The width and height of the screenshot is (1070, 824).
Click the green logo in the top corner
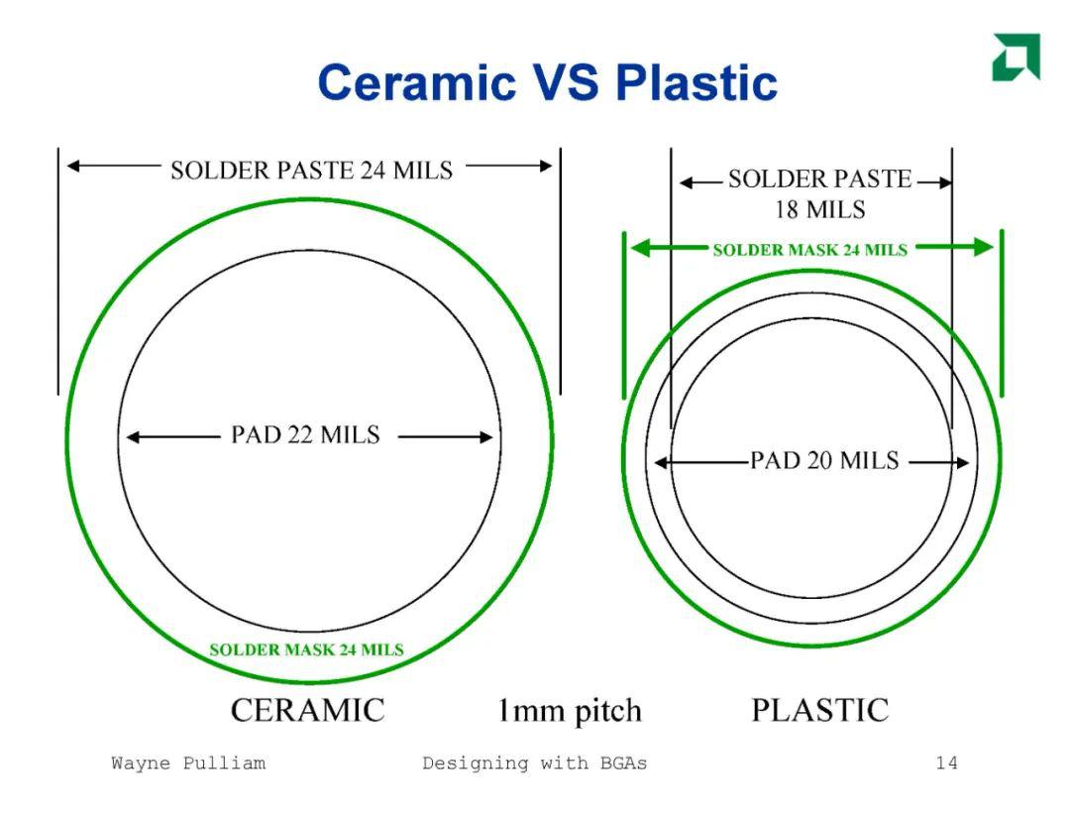(x=1016, y=57)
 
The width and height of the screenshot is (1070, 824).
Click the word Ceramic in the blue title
(x=417, y=82)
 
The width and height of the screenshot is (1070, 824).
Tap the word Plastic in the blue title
(x=696, y=82)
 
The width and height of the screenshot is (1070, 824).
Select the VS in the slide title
(x=566, y=82)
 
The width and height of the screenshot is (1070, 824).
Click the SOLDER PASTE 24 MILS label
(x=312, y=171)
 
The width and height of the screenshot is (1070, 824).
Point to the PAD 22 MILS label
(x=305, y=434)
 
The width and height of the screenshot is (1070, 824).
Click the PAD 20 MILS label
(x=824, y=460)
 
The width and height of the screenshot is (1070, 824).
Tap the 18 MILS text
(x=819, y=209)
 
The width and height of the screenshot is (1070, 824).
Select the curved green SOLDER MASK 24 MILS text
(x=306, y=649)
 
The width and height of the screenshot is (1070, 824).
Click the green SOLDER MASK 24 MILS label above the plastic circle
(x=810, y=250)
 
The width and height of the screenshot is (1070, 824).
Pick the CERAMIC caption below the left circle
(x=308, y=710)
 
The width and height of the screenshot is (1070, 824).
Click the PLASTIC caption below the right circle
(x=820, y=710)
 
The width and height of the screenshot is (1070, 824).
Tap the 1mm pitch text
(x=570, y=711)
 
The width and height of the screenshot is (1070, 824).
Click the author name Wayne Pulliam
(x=188, y=764)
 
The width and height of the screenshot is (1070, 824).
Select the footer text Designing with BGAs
(x=534, y=764)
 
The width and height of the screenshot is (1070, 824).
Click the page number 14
(x=946, y=764)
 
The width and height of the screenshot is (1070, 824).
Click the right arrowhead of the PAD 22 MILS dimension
(x=485, y=437)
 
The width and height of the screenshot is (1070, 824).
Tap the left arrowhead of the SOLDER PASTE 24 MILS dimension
(x=73, y=166)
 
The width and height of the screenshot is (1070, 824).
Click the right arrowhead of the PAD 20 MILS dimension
(x=962, y=463)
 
